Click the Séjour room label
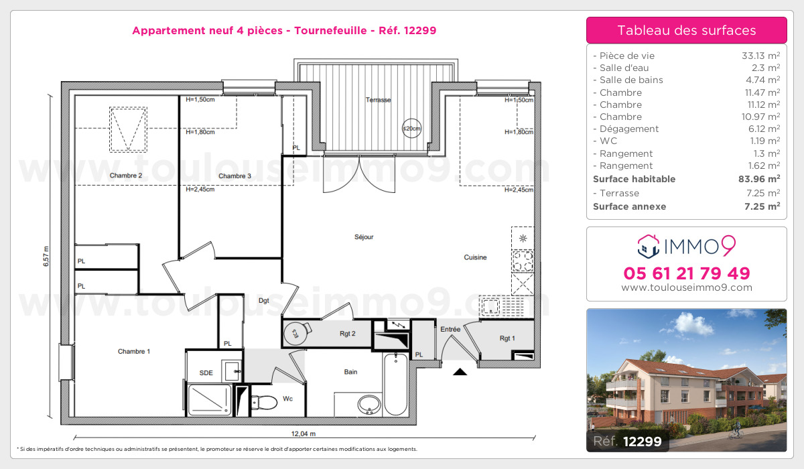pyautogui.click(x=364, y=237)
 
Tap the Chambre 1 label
pyautogui.click(x=134, y=351)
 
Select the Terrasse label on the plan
pyautogui.click(x=379, y=100)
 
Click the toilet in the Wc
pyautogui.click(x=264, y=402)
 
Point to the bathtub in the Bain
pyautogui.click(x=396, y=384)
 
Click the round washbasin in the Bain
pyautogui.click(x=369, y=405)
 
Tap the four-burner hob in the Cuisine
pyautogui.click(x=523, y=261)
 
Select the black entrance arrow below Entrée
pyautogui.click(x=460, y=372)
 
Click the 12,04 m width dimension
pyautogui.click(x=304, y=434)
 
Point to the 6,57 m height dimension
pyautogui.click(x=46, y=256)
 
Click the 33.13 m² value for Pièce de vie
pyautogui.click(x=760, y=56)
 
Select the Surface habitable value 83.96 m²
pyautogui.click(x=759, y=179)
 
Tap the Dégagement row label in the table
pyautogui.click(x=629, y=129)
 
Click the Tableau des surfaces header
pyautogui.click(x=687, y=30)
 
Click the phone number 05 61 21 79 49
pyautogui.click(x=687, y=273)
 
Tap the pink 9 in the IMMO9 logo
pyautogui.click(x=729, y=246)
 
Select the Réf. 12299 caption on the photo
pyautogui.click(x=627, y=442)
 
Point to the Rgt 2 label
pyautogui.click(x=348, y=334)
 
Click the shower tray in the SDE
pyautogui.click(x=210, y=400)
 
